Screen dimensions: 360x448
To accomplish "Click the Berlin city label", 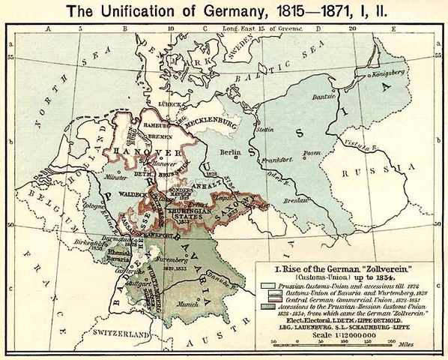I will (229, 152).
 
